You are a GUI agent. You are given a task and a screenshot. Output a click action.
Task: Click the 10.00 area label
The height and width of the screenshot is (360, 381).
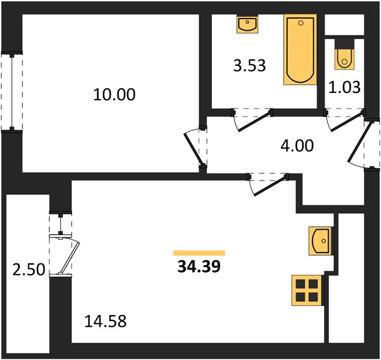114,94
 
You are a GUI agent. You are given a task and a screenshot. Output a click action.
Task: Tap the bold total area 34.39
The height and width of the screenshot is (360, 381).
199,266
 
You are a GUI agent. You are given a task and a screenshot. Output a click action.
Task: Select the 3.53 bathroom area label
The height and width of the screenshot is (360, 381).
250,65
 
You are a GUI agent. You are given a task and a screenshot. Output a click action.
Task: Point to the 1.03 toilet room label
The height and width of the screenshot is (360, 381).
344,88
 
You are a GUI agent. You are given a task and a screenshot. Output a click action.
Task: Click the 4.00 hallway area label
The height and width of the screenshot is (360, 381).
297,146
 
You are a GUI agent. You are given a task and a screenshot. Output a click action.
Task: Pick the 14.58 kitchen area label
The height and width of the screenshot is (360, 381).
106,321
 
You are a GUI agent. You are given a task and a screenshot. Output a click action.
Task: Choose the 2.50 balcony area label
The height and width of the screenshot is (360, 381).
29,270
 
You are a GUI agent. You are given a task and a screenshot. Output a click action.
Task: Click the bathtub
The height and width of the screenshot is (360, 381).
300,49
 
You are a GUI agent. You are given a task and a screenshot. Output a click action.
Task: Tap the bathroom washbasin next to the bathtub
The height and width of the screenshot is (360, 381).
247,24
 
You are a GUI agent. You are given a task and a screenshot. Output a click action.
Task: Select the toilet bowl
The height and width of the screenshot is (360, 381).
344,59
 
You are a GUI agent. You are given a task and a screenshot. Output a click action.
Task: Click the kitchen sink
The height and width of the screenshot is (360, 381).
320,241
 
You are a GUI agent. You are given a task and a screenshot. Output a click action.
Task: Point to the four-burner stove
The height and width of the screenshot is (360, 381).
307,290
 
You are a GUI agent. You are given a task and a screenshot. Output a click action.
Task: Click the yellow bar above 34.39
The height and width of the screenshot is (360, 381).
199,253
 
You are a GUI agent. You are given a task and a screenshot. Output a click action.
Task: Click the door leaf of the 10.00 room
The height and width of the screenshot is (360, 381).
193,149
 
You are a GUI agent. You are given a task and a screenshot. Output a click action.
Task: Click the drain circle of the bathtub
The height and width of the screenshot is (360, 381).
301,23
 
